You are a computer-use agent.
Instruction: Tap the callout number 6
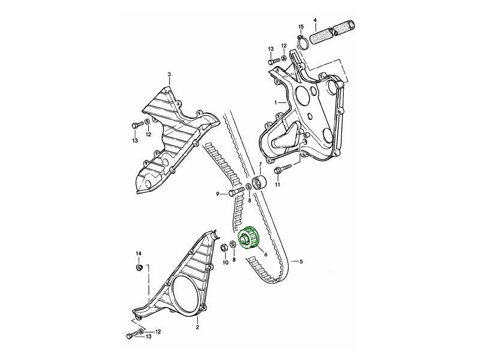click(x=265, y=254)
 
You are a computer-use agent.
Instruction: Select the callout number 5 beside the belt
click(x=301, y=262)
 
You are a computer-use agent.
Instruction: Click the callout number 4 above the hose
click(x=315, y=20)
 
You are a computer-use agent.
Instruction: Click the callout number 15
click(x=301, y=26)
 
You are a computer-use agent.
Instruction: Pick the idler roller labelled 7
click(x=259, y=183)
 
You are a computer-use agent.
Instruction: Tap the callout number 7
click(x=260, y=164)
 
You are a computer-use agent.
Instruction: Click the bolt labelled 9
click(x=237, y=192)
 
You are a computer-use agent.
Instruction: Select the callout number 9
click(x=218, y=194)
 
